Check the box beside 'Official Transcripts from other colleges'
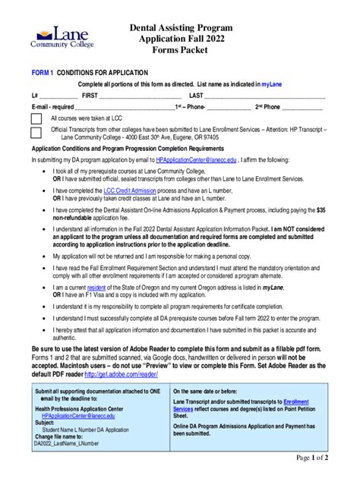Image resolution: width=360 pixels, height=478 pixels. click(36, 133)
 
